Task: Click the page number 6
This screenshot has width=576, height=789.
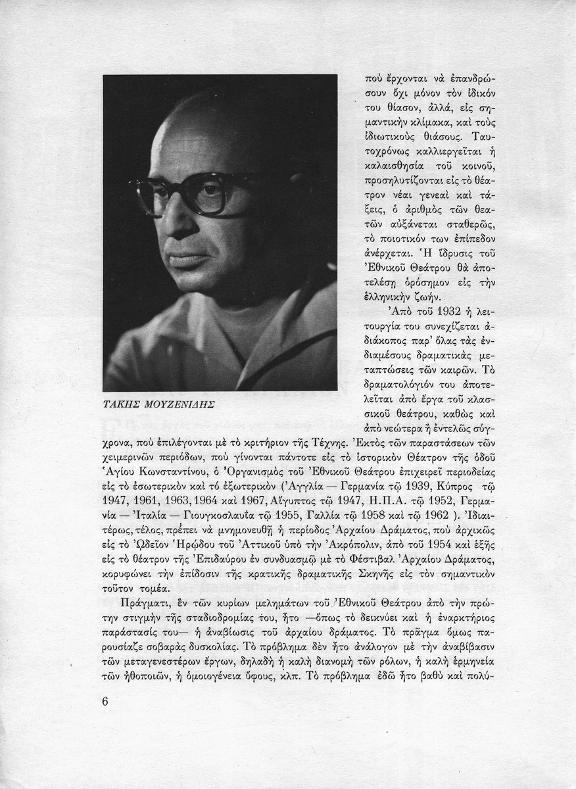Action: (x=105, y=700)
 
